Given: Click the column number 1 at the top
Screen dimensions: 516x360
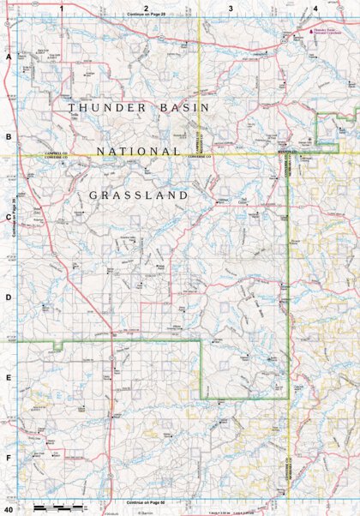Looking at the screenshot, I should tap(63, 8).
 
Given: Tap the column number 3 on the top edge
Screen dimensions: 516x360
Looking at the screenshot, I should tap(231, 8).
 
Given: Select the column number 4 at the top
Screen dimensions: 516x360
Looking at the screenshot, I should tap(315, 8).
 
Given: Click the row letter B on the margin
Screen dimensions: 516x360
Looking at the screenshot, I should tap(9, 136).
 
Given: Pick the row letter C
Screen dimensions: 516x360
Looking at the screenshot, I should tap(9, 217).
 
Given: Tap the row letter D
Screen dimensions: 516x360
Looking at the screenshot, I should tap(9, 297).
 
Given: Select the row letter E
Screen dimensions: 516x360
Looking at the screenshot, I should tap(9, 377).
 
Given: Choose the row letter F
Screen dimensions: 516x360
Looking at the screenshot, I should tap(9, 457).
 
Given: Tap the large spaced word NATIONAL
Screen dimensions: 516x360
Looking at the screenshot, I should tap(139, 152).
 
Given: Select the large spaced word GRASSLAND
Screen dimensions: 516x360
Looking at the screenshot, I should tap(139, 195).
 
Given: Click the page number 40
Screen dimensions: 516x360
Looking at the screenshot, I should tap(8, 509).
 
